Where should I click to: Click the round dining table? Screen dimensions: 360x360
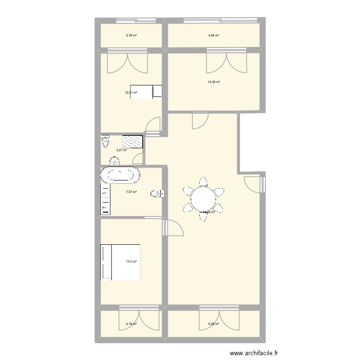tap(203, 198)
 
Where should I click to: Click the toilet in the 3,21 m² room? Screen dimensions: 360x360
tap(105, 142)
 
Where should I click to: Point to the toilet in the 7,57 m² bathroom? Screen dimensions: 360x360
tap(157, 193)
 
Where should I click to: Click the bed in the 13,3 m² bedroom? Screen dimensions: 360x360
tap(120, 262)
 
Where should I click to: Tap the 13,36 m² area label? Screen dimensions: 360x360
tap(214, 82)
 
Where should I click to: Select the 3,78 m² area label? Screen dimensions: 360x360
tap(131, 36)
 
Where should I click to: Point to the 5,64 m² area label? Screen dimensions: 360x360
tap(214, 36)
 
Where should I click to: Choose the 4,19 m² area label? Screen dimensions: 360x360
tap(131, 324)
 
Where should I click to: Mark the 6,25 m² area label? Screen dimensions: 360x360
tap(214, 324)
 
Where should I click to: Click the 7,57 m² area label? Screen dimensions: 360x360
tap(131, 192)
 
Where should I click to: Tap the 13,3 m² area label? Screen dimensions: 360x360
tap(131, 262)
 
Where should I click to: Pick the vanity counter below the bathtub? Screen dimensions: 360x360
tap(105, 199)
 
